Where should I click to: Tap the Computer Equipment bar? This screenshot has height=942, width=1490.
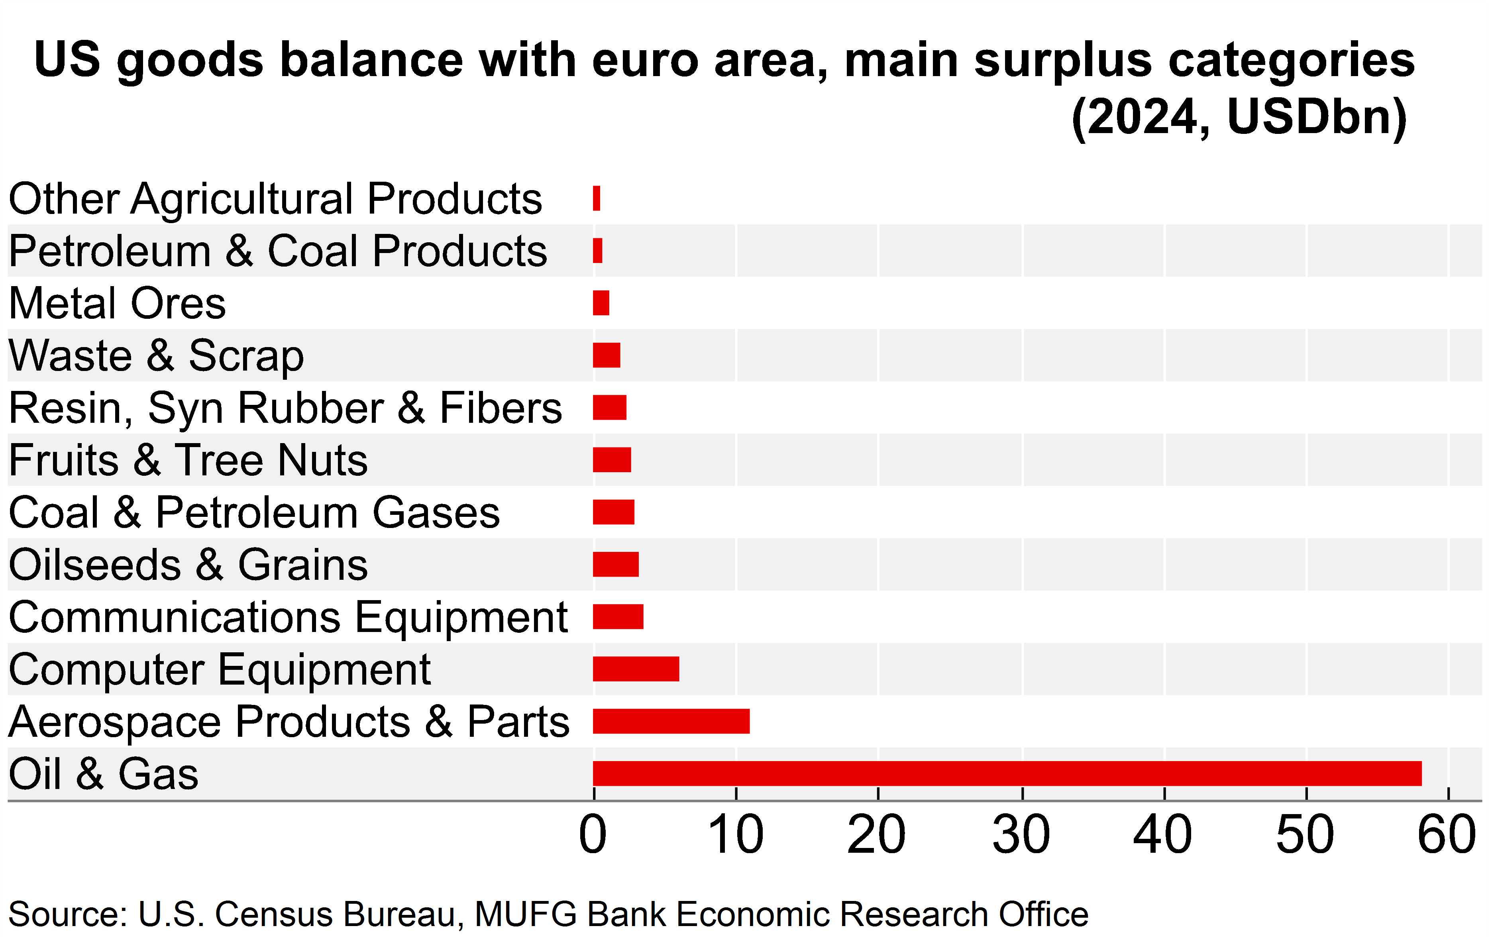coord(636,669)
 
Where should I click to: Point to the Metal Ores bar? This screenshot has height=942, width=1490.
coord(601,303)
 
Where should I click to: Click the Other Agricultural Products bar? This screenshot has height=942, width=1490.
coord(597,199)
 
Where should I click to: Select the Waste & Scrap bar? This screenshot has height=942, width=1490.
coord(607,355)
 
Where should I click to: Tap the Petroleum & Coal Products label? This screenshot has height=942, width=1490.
coord(278,251)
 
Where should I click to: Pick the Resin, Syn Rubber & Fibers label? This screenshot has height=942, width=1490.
coord(285,408)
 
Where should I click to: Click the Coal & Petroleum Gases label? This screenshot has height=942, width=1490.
coord(254,513)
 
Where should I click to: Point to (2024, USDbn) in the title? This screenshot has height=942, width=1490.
coord(1239,117)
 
